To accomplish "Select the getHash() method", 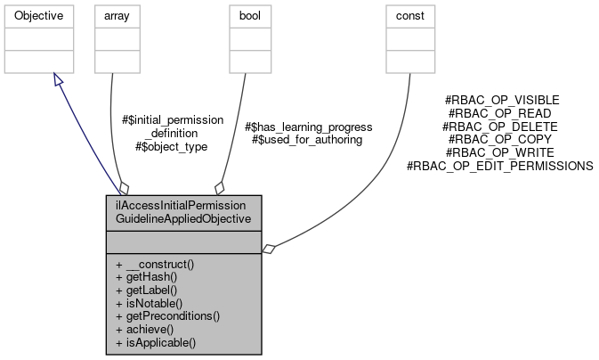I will [149, 277].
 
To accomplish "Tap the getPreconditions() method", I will [167, 315].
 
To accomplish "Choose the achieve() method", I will [147, 329].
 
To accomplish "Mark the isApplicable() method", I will [156, 341].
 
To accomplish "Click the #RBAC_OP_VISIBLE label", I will [502, 101].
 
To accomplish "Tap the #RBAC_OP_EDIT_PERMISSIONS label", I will [499, 166].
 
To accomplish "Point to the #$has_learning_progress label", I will [308, 127].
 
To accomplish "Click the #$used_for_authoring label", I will [307, 140].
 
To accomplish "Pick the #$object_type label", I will [171, 145].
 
